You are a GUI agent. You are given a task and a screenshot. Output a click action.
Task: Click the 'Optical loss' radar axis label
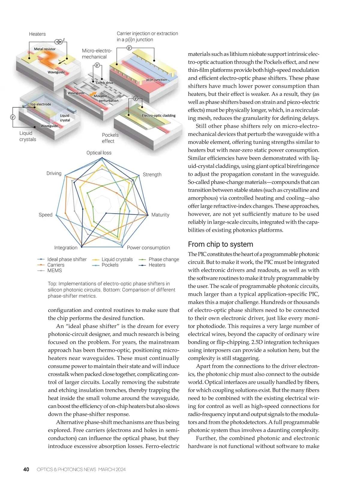(x=99, y=153)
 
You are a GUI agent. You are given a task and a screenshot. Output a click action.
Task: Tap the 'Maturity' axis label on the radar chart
(x=160, y=215)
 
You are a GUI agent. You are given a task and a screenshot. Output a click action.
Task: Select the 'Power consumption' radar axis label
(x=148, y=248)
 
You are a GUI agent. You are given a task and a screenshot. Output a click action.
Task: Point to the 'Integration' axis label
(x=66, y=248)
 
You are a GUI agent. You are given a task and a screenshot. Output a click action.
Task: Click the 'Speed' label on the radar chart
(x=45, y=215)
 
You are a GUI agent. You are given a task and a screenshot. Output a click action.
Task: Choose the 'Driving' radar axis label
(x=54, y=173)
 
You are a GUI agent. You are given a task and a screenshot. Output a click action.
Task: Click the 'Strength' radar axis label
(x=152, y=175)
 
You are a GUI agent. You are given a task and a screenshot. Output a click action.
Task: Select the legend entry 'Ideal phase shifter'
(x=67, y=259)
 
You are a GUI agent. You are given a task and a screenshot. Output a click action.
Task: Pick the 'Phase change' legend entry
(x=163, y=259)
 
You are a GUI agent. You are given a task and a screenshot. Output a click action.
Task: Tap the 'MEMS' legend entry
(x=54, y=270)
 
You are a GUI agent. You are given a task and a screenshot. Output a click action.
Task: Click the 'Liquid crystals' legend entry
(x=117, y=259)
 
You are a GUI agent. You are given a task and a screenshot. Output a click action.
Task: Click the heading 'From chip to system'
(x=220, y=244)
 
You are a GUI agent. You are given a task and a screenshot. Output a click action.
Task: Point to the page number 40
(x=26, y=469)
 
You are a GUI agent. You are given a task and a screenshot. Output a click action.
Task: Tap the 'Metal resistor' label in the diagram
(x=45, y=49)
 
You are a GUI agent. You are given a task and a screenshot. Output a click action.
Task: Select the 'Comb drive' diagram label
(x=105, y=83)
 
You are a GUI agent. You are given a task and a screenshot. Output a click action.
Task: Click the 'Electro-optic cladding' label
(x=158, y=116)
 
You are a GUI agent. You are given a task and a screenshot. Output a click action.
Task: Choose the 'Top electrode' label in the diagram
(x=40, y=104)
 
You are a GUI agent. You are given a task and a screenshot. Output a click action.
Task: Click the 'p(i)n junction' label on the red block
(x=156, y=80)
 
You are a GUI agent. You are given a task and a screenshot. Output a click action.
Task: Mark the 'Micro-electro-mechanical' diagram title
(x=97, y=54)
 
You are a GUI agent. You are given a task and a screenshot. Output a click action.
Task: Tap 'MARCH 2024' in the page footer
(x=112, y=469)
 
